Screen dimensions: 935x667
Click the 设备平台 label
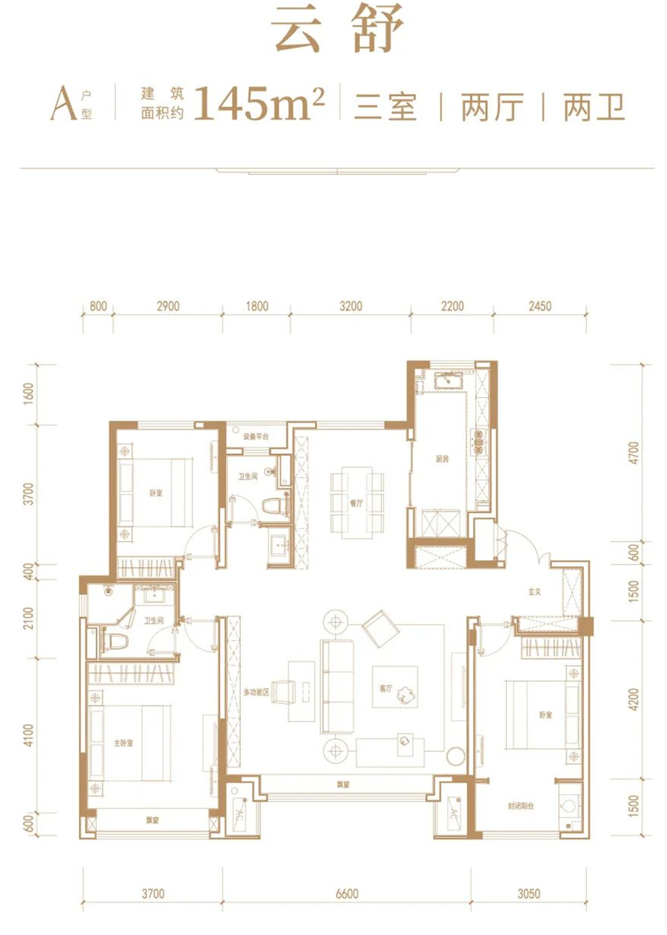click(255, 437)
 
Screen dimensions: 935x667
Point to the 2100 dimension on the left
click(29, 623)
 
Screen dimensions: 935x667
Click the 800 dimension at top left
click(97, 307)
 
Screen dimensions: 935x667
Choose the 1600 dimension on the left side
click(29, 395)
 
